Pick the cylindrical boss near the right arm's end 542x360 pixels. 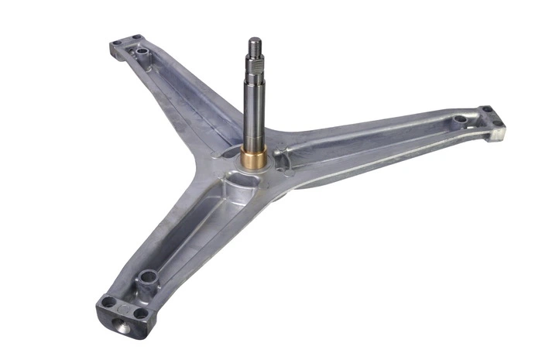460,120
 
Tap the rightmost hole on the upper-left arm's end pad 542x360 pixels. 136,37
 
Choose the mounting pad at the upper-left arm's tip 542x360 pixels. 125,42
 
